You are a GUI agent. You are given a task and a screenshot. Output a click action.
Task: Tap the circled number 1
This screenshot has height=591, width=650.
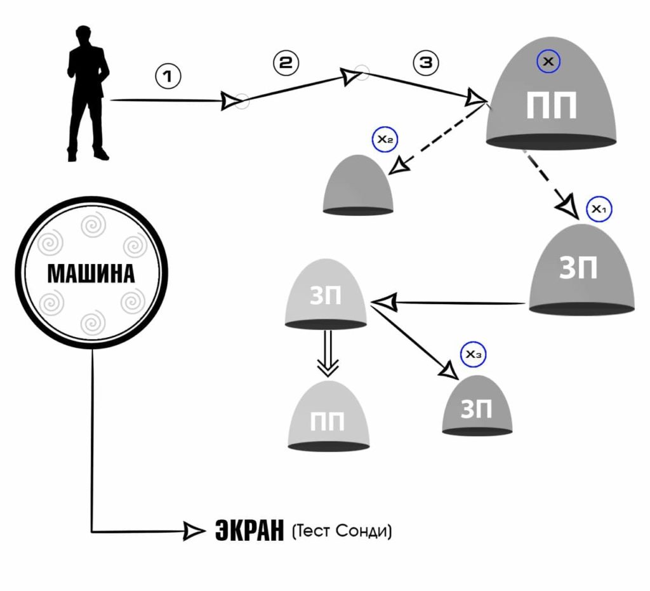click(168, 76)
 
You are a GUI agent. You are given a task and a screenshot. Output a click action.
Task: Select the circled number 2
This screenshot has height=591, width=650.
click(286, 62)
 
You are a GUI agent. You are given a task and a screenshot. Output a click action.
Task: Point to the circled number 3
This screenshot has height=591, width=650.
click(425, 62)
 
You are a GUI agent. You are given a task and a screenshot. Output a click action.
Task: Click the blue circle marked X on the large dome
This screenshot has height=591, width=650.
click(549, 62)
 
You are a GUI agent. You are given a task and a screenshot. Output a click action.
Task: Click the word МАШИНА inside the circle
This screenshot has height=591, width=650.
click(91, 274)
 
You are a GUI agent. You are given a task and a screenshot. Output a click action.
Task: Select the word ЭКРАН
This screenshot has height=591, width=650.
click(248, 531)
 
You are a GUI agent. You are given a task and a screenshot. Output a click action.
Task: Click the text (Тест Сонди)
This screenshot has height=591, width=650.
click(342, 531)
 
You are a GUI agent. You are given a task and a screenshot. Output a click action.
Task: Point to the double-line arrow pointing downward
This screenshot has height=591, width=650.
click(328, 354)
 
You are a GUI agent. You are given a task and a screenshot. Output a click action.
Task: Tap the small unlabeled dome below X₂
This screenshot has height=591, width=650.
click(358, 185)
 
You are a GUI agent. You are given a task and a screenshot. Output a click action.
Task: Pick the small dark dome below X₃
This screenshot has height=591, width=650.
click(477, 407)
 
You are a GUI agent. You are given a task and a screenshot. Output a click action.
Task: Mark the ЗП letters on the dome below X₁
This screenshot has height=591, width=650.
click(578, 269)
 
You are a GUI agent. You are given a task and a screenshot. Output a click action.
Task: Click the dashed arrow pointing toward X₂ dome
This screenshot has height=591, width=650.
click(438, 135)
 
